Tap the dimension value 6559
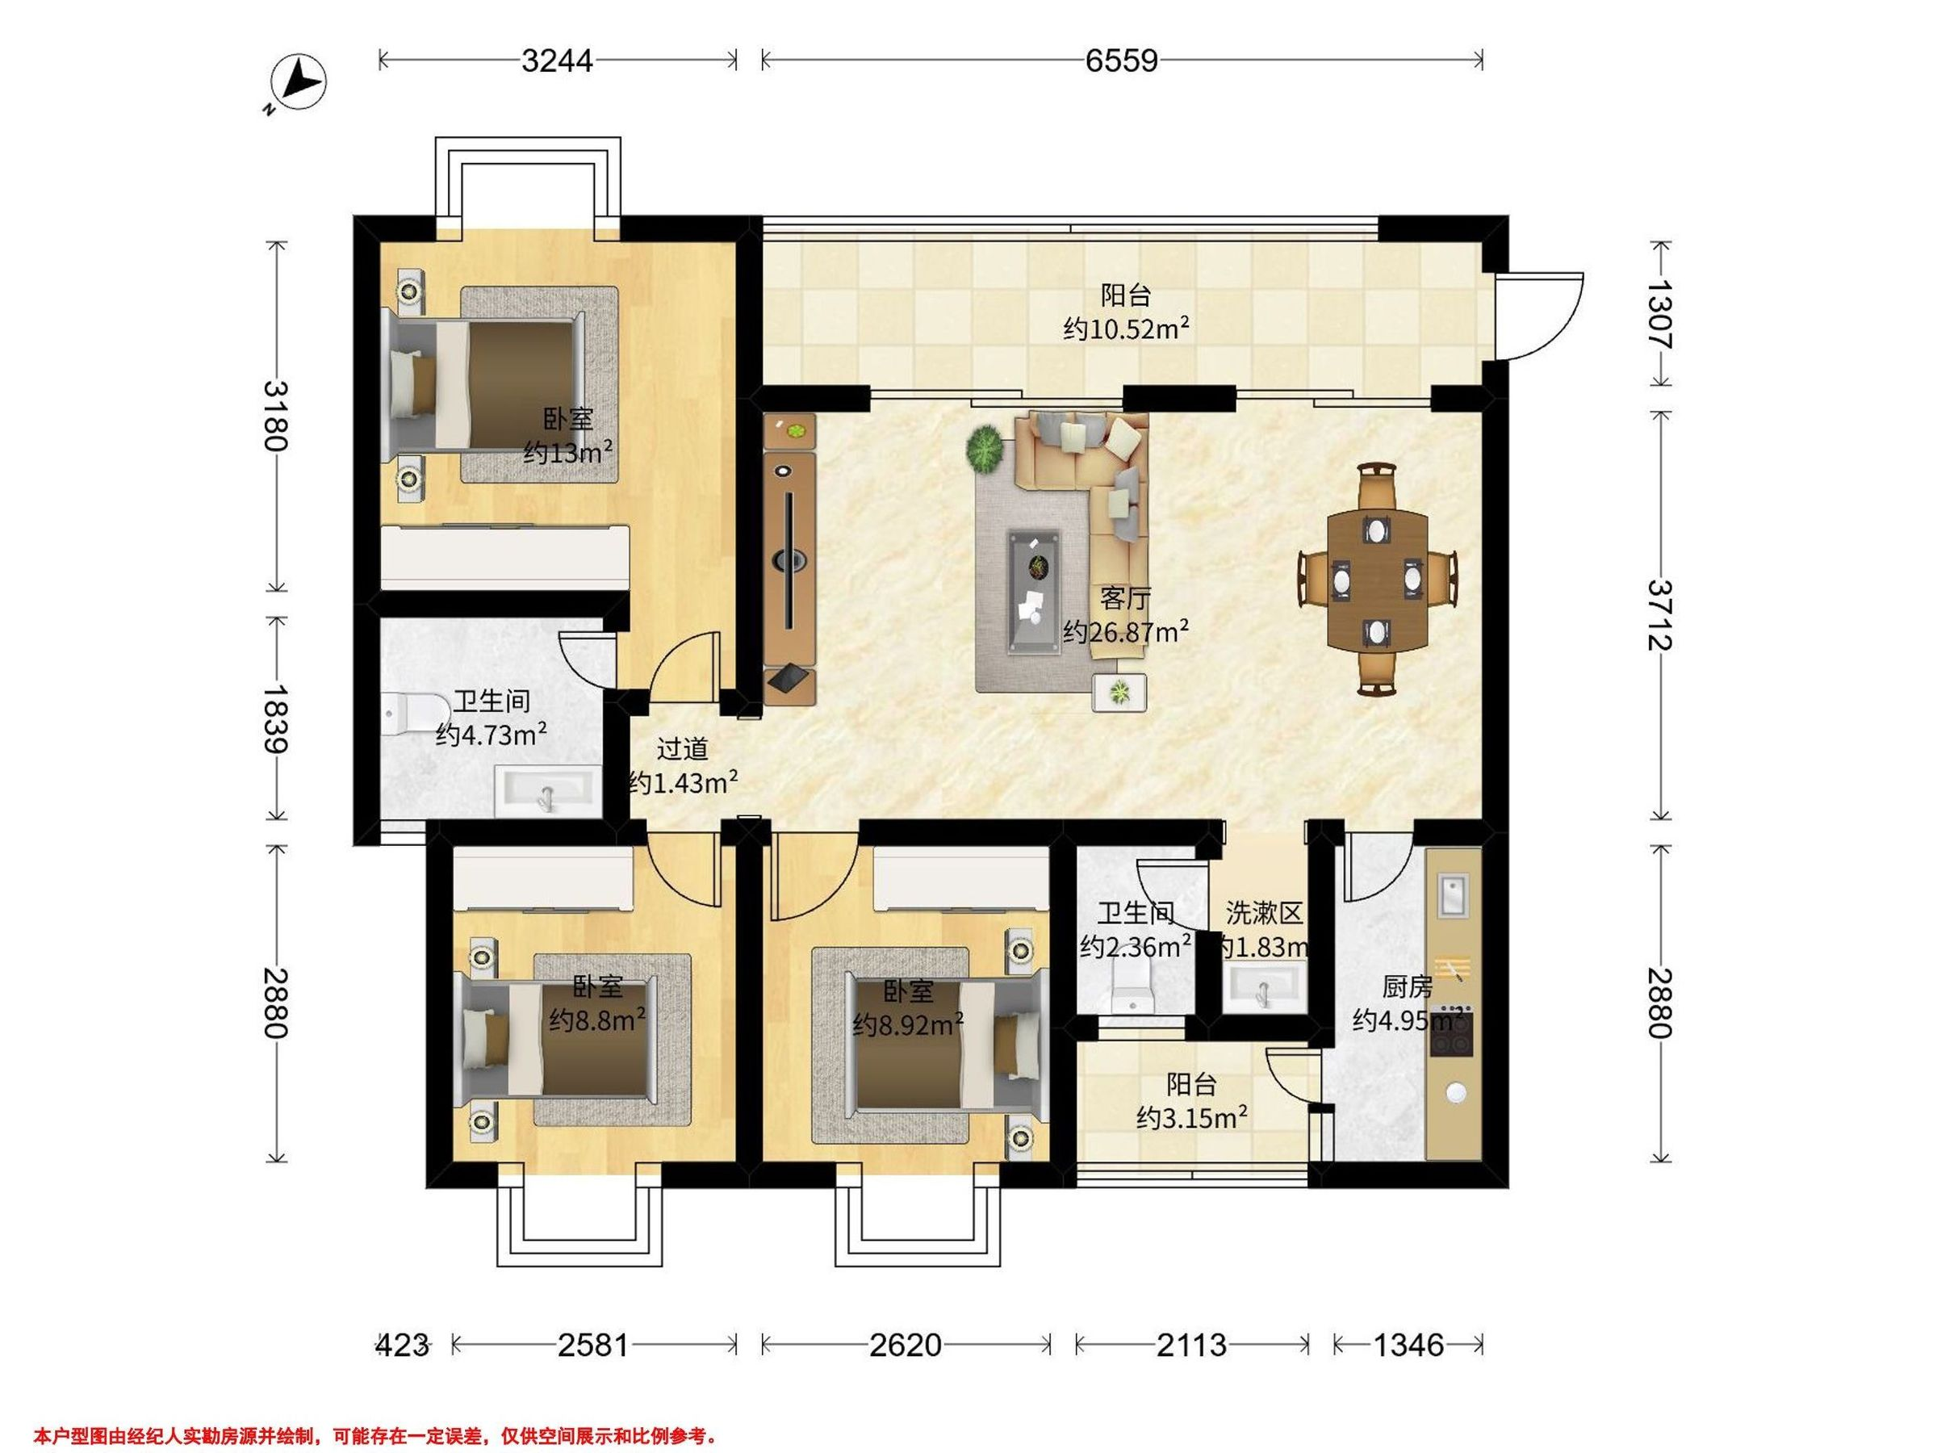(x=1122, y=61)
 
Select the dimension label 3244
(x=557, y=61)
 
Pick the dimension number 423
(x=403, y=1344)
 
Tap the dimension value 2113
(x=1192, y=1344)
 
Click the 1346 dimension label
(x=1408, y=1344)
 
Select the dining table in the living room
(x=1378, y=579)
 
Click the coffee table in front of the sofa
(x=1036, y=591)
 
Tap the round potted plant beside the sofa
(x=986, y=449)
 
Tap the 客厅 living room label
(x=1125, y=599)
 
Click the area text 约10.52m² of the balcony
(x=1126, y=329)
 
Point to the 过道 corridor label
(x=682, y=750)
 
